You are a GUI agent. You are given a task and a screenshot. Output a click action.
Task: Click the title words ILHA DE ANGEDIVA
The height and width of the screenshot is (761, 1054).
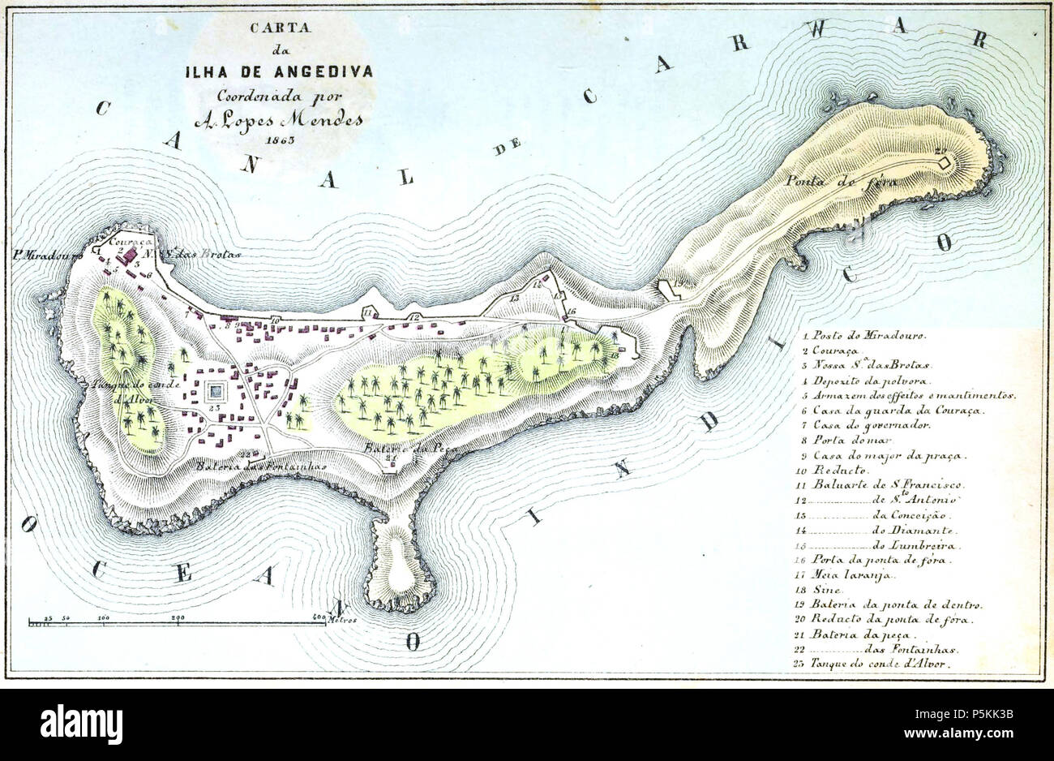click(279, 71)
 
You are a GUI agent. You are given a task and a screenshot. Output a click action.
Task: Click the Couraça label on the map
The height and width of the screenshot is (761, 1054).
click(126, 241)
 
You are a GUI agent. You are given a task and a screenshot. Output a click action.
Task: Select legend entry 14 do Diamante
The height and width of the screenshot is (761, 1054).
click(892, 530)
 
